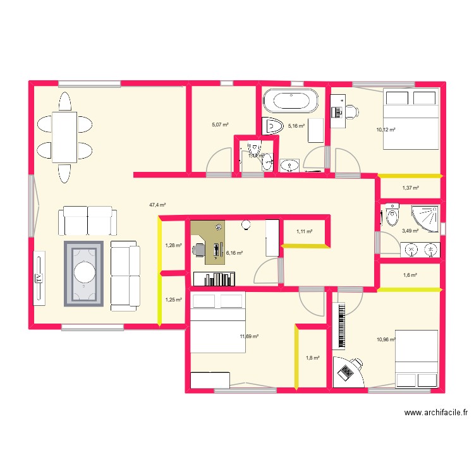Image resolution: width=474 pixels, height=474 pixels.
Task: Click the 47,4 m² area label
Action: (157, 205)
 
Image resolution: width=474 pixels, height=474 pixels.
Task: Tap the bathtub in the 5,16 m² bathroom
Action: (290, 100)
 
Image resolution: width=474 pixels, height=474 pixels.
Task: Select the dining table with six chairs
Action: (64, 137)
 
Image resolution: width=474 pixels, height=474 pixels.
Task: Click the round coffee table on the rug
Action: (83, 273)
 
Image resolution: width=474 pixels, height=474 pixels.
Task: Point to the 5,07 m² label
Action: (220, 125)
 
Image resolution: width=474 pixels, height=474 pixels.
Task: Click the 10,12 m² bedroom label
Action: (386, 130)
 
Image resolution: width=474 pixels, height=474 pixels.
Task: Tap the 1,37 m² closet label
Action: (411, 188)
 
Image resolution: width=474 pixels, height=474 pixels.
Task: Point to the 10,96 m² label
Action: (386, 339)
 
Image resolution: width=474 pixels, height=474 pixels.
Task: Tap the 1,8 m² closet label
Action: (312, 358)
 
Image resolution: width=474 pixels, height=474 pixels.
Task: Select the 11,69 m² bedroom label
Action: (248, 337)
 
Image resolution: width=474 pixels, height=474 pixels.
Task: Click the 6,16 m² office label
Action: (234, 253)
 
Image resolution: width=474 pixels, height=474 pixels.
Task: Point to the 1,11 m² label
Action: (305, 232)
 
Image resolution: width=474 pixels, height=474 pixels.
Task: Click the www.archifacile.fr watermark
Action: (436, 413)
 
